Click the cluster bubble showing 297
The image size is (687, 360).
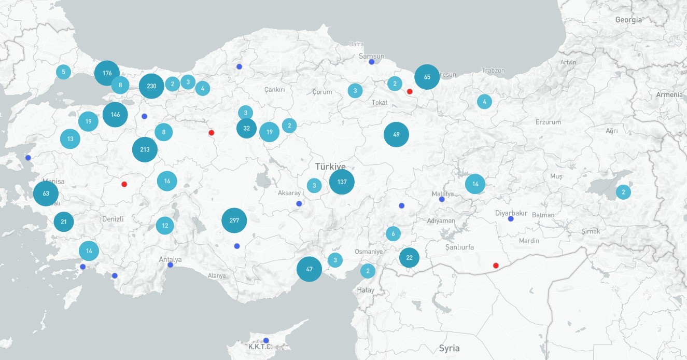[234, 220]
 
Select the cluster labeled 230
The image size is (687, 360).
[151, 86]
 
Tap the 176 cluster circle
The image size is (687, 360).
[107, 73]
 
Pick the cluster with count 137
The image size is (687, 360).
[342, 182]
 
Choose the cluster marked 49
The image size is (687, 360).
[396, 135]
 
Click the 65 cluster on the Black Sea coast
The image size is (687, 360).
[427, 77]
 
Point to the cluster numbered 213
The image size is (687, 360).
[145, 150]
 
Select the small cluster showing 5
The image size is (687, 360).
[63, 72]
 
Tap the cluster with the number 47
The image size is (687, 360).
[309, 269]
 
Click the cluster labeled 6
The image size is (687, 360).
[393, 233]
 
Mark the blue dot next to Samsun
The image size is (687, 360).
[372, 62]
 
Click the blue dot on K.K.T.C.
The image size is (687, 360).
[266, 341]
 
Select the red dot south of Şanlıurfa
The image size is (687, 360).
[496, 266]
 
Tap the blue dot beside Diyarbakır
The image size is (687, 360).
[511, 219]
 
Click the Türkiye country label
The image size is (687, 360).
[330, 167]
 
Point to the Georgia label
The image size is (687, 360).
[628, 20]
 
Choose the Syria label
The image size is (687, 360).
[449, 348]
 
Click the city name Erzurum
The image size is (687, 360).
[548, 122]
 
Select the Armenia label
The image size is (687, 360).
[669, 95]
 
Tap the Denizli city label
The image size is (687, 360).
[113, 219]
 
